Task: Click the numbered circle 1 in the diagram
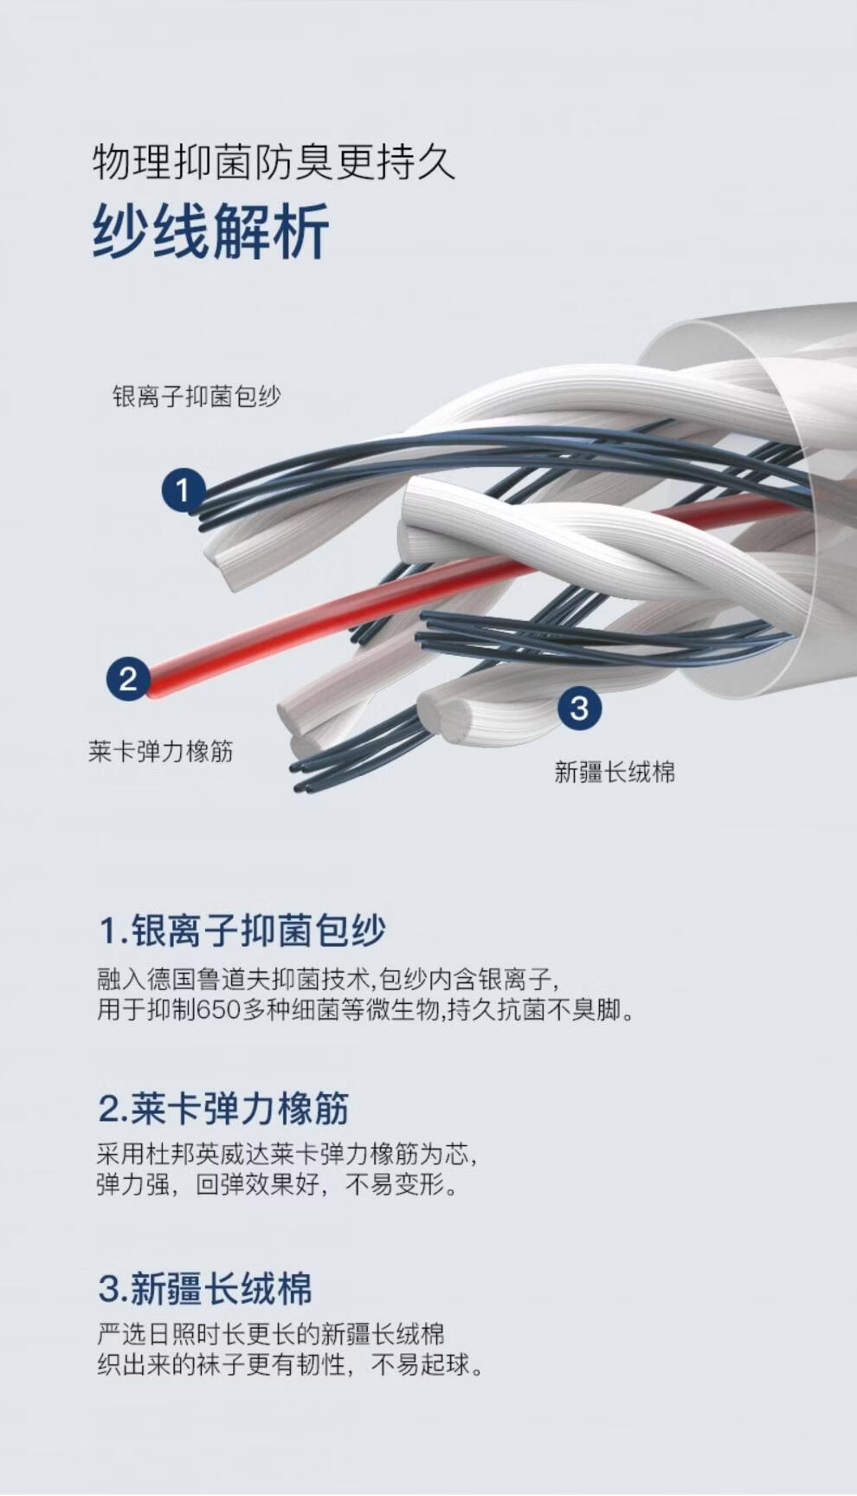(183, 490)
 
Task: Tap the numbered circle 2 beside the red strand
(128, 678)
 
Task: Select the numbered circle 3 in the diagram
(579, 708)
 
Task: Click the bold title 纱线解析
(210, 231)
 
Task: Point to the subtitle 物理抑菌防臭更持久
(274, 162)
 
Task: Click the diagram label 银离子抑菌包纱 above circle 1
(197, 397)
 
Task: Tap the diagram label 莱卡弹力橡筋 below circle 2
(161, 751)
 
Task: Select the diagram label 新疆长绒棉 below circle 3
(615, 772)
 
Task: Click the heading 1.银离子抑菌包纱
(242, 931)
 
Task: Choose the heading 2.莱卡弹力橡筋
(223, 1109)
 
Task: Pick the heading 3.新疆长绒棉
(205, 1288)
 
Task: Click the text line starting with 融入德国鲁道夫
(328, 980)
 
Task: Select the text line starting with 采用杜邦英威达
(287, 1155)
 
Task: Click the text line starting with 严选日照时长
(271, 1333)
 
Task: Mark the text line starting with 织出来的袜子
(290, 1365)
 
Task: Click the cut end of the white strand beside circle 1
(222, 554)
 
